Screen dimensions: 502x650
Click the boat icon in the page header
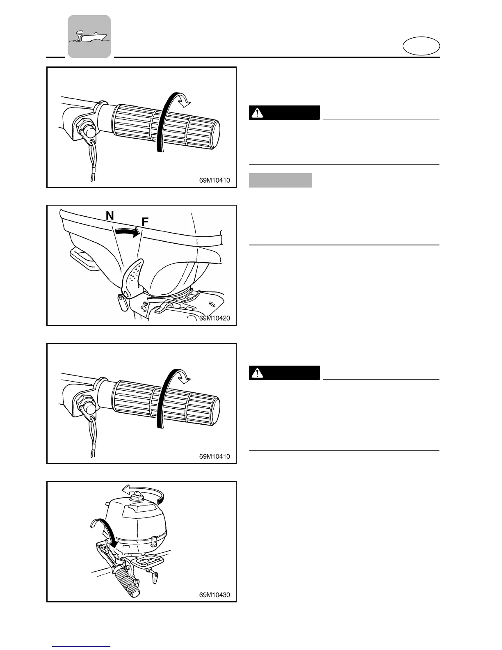click(x=89, y=37)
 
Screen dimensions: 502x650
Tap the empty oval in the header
click(x=421, y=46)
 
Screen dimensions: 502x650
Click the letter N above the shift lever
click(x=110, y=216)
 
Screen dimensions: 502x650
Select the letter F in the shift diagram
click(x=145, y=222)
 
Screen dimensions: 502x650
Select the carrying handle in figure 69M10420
click(x=84, y=259)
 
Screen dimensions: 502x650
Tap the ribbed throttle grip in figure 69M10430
click(x=128, y=580)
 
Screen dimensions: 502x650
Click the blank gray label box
click(x=281, y=180)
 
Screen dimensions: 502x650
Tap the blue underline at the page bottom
click(x=82, y=647)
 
